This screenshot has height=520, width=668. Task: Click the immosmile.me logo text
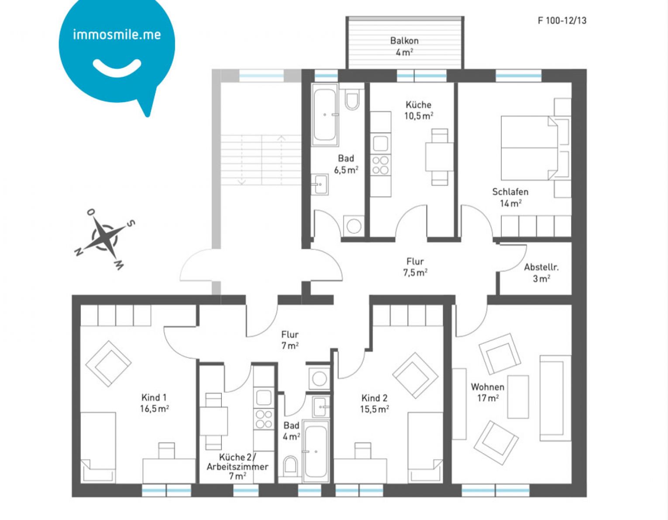(117, 34)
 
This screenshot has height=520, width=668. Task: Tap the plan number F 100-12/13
(561, 21)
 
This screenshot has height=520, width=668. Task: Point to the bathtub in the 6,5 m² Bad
(324, 115)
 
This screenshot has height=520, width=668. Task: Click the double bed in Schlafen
(529, 148)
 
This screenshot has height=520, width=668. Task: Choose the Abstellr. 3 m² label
(541, 273)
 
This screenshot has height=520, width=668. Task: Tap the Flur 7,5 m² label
(415, 267)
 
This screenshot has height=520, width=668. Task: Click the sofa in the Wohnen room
(555, 398)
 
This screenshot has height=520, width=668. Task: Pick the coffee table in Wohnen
(518, 397)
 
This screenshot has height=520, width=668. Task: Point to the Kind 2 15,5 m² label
(374, 404)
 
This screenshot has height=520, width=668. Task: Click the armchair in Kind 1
(108, 363)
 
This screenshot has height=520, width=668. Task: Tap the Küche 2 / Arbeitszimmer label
(238, 466)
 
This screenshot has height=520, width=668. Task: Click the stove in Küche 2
(264, 419)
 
